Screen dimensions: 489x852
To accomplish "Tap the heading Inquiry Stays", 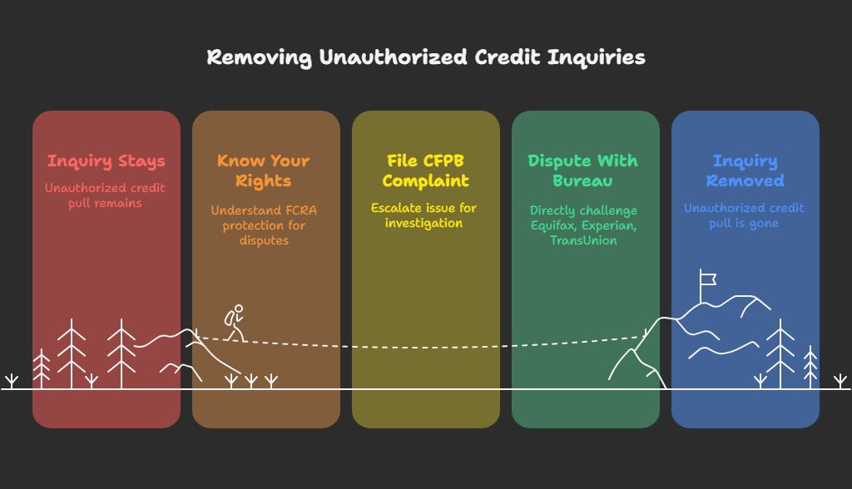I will (106, 161).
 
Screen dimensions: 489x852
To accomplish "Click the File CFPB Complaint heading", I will (425, 170).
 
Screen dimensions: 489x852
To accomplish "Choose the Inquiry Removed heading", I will (745, 170).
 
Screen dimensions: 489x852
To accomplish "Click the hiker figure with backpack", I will (235, 322).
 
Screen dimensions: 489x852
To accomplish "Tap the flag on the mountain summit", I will (707, 277).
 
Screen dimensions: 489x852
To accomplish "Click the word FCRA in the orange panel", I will (300, 210).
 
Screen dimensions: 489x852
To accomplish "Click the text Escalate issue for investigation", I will (425, 215).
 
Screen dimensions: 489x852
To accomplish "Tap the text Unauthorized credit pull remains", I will (106, 195).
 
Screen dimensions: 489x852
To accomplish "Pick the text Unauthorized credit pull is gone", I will (745, 215).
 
